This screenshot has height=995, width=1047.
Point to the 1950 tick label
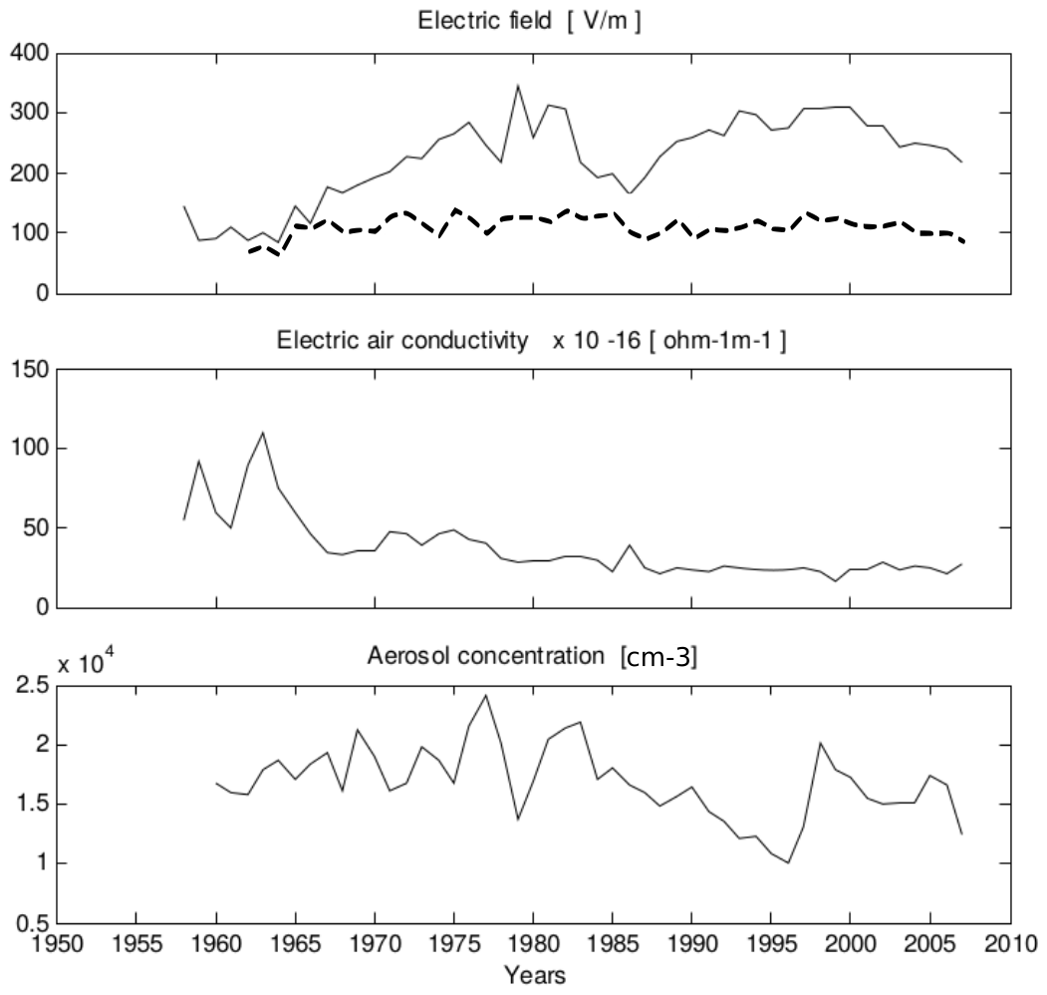coord(57,942)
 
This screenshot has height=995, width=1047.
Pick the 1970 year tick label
coord(374,942)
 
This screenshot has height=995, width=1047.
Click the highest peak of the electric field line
coord(517,86)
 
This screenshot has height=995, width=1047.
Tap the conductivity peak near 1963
coord(263,433)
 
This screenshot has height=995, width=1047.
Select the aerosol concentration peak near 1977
coord(485,695)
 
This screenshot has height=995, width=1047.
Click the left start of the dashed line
coord(248,252)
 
